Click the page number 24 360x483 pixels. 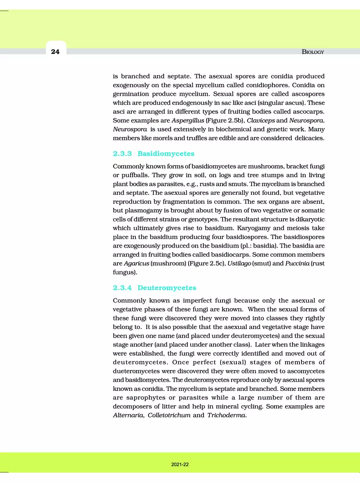(x=55, y=52)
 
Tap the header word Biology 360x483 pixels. (x=313, y=52)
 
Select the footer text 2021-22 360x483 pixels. (x=180, y=465)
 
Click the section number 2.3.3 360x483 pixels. (x=122, y=153)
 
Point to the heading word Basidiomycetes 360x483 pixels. (x=166, y=153)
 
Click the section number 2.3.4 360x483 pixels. (x=122, y=288)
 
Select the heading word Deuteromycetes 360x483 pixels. (x=167, y=288)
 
